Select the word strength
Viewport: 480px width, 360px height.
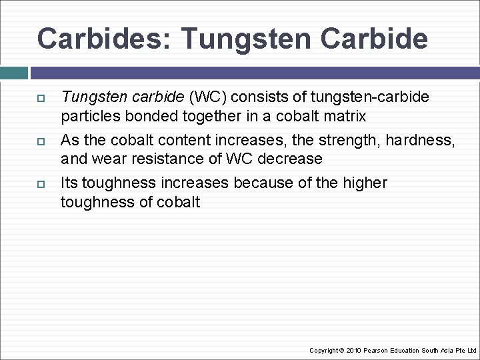(x=351, y=140)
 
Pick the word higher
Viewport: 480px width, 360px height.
(x=365, y=183)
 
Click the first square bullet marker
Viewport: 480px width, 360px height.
(x=40, y=99)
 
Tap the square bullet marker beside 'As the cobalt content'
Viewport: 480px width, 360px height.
(x=40, y=141)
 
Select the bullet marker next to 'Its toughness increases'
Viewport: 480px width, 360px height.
(x=40, y=184)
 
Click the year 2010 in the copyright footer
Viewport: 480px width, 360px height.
(x=353, y=350)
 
